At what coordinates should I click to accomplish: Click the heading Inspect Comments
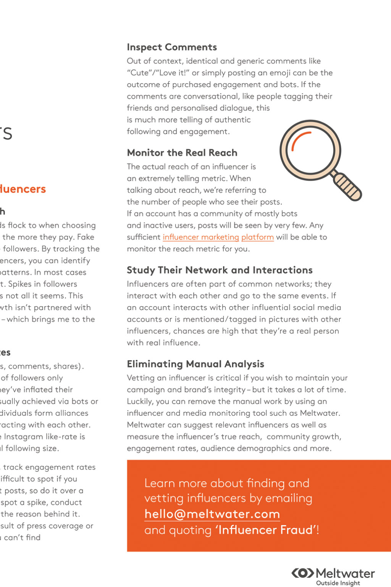click(172, 47)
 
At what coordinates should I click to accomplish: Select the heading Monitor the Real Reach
click(182, 152)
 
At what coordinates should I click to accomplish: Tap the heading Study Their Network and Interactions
click(220, 270)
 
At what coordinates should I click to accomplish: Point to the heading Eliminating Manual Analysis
click(195, 364)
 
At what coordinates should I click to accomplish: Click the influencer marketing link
click(201, 237)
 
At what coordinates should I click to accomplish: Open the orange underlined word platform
click(257, 237)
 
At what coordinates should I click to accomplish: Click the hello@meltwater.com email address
click(212, 514)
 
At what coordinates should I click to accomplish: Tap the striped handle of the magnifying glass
click(347, 186)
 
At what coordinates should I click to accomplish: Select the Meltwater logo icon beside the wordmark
click(303, 573)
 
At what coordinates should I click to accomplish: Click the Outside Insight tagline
click(338, 583)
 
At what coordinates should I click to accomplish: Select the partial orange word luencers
click(23, 189)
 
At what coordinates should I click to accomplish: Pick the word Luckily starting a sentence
click(140, 401)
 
